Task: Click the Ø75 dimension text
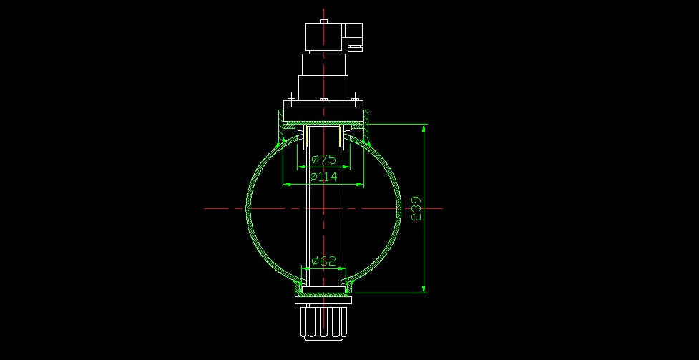[x=323, y=160]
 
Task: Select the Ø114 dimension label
[x=323, y=177]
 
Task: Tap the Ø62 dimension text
[x=323, y=261]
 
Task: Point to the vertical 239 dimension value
[x=416, y=208]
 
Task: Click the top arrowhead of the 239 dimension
[x=424, y=129]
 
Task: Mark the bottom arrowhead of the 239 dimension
[x=424, y=288]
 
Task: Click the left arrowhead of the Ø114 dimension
[x=288, y=184]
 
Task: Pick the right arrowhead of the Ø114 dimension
[x=360, y=184]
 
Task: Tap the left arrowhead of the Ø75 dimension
[x=301, y=167]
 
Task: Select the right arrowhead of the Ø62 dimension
[x=341, y=268]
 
